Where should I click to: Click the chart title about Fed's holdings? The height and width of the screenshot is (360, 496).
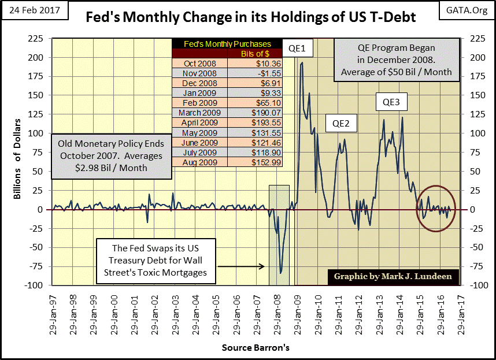tap(250, 17)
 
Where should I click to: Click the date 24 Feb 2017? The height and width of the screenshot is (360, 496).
tap(34, 10)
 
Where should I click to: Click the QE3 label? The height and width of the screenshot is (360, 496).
tap(391, 103)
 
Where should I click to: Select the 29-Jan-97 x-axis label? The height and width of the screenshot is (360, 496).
tap(53, 313)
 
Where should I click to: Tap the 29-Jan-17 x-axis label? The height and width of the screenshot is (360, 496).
tap(461, 313)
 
